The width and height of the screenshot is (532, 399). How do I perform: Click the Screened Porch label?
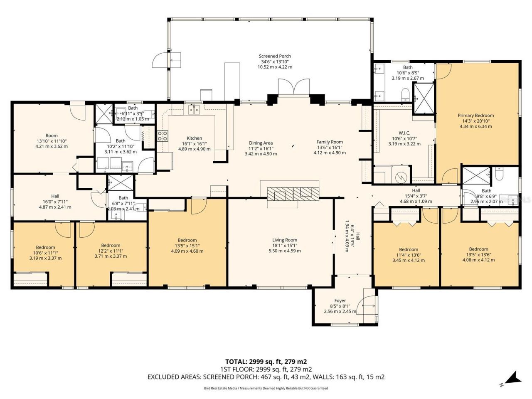coord(275,62)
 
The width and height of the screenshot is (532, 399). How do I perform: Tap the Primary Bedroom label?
coord(475,121)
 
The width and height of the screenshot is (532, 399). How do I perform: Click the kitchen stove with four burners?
coord(163,136)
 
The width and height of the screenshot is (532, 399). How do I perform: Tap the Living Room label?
coord(285,245)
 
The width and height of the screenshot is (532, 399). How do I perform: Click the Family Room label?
coord(330,147)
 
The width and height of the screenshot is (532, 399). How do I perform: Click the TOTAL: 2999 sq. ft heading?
coord(266,362)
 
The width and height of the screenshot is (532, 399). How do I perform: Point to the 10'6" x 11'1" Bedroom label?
coord(45,252)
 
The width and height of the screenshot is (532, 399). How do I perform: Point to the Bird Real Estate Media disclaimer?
coord(266,388)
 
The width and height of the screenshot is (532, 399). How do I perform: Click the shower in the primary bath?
coord(424,98)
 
